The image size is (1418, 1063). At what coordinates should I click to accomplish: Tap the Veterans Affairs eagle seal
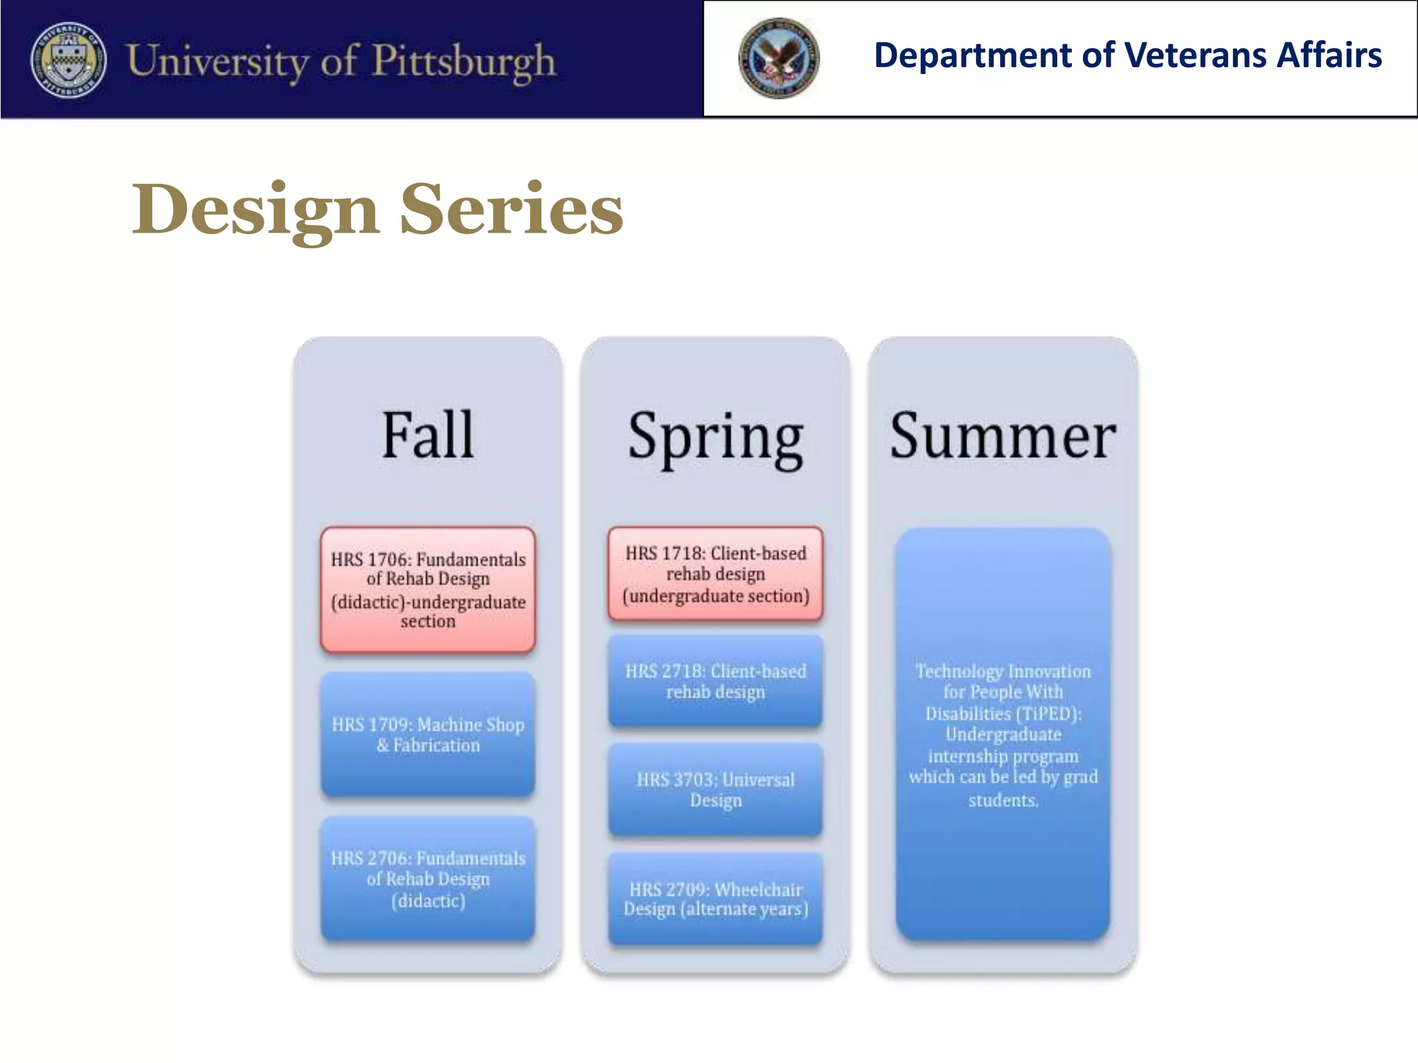778,58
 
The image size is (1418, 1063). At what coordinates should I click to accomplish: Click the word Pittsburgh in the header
464,61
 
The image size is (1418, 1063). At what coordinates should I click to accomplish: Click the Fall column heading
428,435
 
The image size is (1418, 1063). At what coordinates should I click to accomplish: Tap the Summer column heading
1003,436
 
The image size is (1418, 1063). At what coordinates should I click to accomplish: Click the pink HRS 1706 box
428,590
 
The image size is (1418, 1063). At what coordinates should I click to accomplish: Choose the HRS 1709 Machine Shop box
428,734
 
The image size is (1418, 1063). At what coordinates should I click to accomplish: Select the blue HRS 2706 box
428,879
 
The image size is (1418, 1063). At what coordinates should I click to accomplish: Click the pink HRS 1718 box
715,574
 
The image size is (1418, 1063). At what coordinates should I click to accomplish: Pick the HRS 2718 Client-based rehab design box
715,681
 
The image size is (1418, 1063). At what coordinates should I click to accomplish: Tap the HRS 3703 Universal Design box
715,790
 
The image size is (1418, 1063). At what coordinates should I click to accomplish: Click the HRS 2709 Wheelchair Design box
715,898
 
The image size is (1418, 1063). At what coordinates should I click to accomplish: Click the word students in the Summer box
1003,801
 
